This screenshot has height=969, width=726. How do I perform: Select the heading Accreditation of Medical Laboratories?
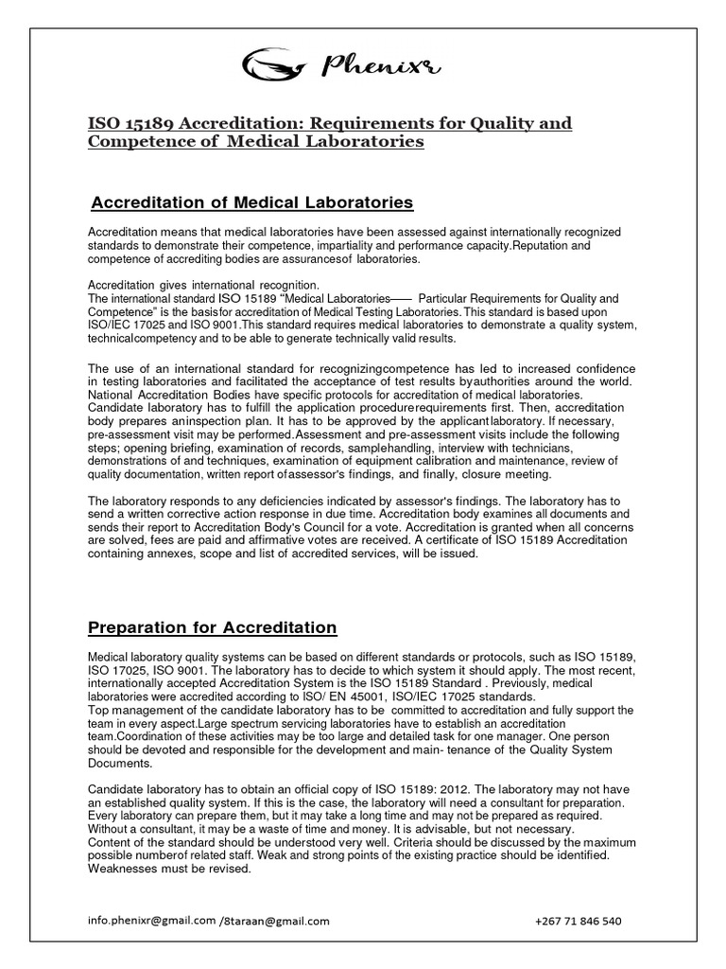[251, 203]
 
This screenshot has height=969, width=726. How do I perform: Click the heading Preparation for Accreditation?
[212, 626]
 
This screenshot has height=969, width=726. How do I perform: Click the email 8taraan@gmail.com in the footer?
[276, 921]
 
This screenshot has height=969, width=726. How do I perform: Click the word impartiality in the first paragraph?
[349, 245]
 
